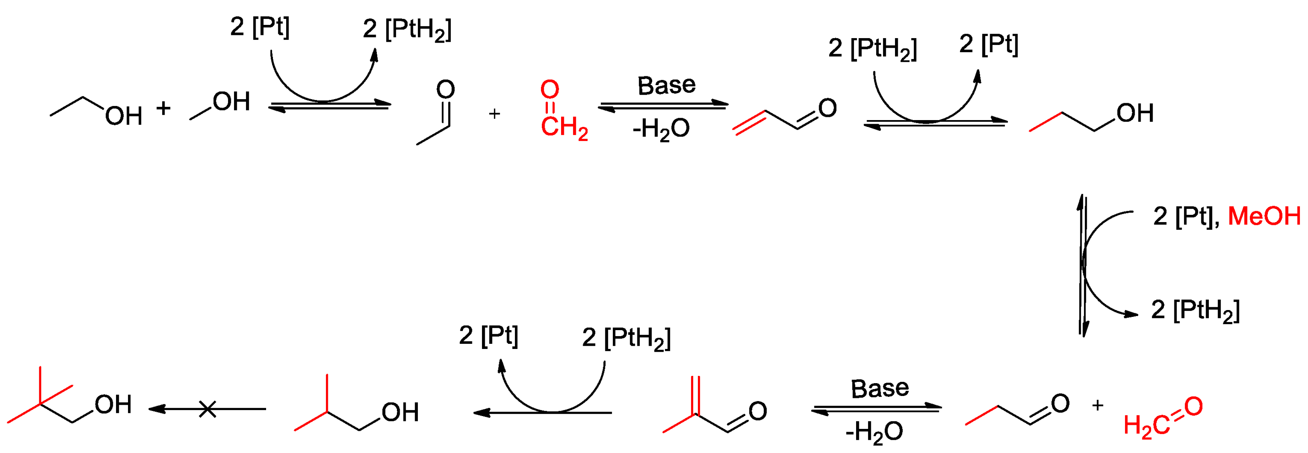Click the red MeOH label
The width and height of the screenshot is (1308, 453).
click(1263, 216)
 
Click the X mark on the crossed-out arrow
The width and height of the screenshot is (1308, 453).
click(207, 409)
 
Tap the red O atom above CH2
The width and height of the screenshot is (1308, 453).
click(549, 90)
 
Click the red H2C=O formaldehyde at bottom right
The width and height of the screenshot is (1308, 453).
click(1163, 417)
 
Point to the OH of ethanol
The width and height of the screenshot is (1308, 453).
click(123, 116)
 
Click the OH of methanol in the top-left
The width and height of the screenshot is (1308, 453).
click(231, 102)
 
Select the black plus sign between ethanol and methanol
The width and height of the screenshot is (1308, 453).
click(163, 108)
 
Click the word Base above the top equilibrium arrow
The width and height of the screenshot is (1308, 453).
click(666, 85)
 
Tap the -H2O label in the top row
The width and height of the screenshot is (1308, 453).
click(661, 129)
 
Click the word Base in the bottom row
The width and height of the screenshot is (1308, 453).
click(879, 389)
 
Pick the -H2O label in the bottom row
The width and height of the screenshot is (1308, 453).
click(874, 432)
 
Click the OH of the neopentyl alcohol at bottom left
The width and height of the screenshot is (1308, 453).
click(113, 405)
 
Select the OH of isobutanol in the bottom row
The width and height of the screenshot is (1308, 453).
click(400, 413)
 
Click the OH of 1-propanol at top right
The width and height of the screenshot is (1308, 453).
click(1135, 113)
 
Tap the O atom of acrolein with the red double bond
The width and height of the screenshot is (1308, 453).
click(827, 108)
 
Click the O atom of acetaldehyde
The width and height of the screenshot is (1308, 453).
click(445, 90)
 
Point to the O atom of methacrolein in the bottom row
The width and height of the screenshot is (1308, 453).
click(757, 411)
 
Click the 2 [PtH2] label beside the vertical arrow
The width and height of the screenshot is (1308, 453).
click(1195, 311)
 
